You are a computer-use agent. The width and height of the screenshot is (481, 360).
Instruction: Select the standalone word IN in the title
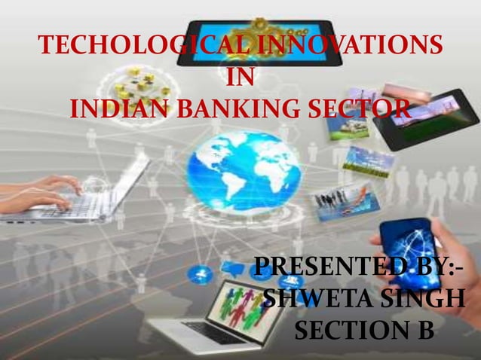point(240,78)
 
